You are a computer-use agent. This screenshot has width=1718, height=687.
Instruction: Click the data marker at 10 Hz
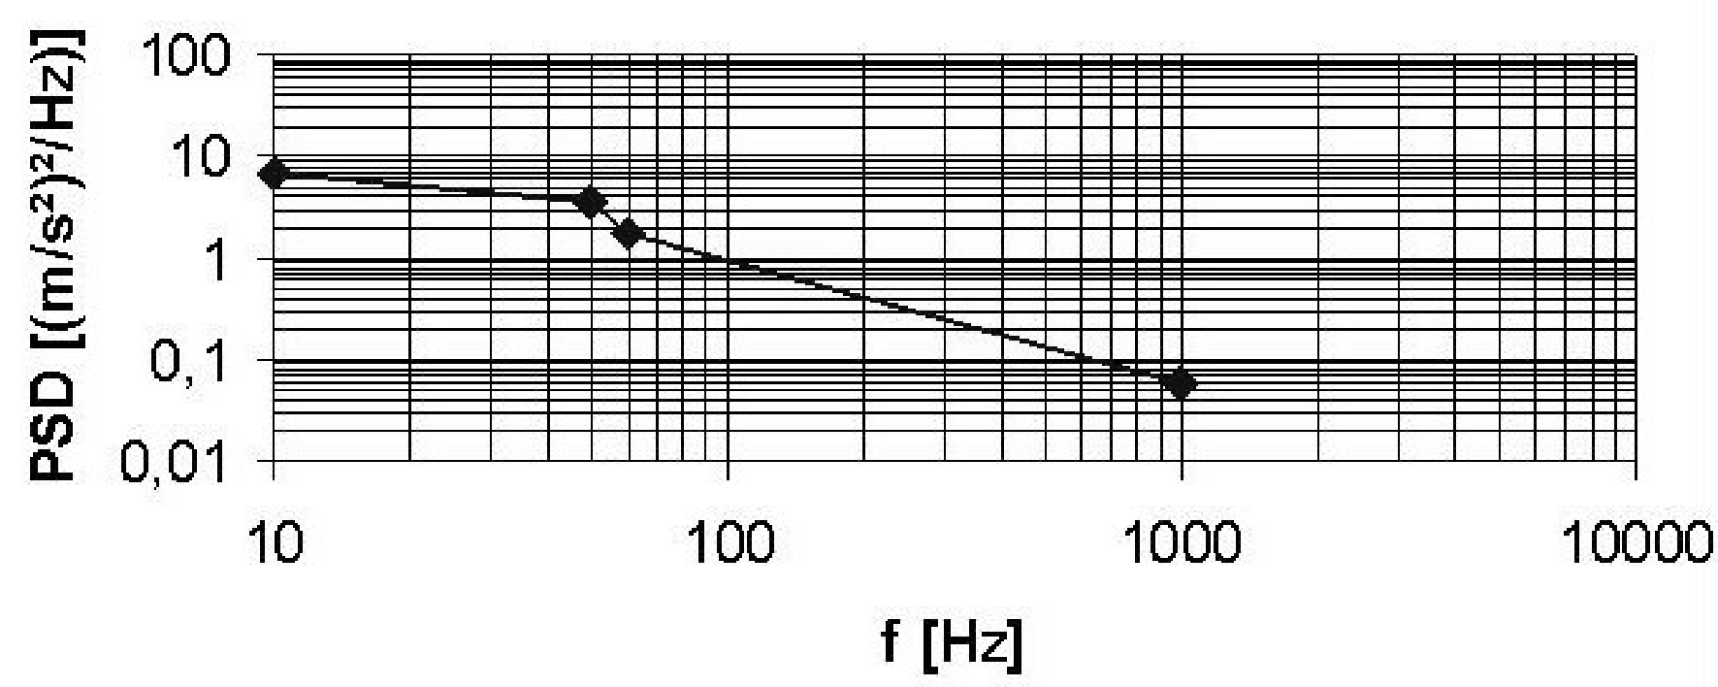[275, 175]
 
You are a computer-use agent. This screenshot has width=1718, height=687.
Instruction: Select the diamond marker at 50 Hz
[590, 202]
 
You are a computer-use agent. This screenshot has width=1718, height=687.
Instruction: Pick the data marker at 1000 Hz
[1181, 384]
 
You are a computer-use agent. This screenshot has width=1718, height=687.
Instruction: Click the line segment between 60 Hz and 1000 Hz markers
[902, 309]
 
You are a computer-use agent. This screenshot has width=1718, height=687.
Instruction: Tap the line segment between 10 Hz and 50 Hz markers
[432, 188]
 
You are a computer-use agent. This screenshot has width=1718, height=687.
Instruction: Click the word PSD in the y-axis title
[55, 428]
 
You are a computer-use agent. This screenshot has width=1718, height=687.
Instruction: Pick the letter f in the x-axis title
[891, 642]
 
